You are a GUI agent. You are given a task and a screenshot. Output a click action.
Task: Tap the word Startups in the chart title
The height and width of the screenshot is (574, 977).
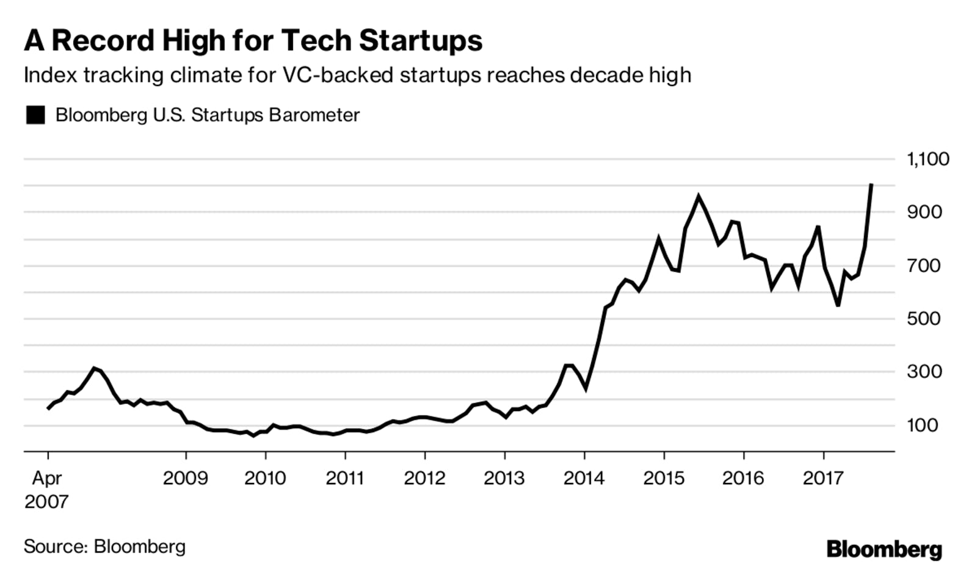(x=420, y=41)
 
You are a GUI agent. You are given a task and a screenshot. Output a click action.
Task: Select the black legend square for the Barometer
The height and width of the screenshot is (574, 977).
(x=35, y=115)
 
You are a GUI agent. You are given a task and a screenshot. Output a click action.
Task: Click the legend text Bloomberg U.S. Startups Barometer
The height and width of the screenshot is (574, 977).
(x=208, y=115)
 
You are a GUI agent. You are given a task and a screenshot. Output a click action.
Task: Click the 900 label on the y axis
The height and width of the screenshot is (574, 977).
(x=924, y=213)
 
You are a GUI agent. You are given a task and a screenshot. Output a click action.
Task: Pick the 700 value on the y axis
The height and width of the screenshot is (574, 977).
(x=924, y=266)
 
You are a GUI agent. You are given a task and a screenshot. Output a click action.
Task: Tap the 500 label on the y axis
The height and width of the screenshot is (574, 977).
(x=924, y=319)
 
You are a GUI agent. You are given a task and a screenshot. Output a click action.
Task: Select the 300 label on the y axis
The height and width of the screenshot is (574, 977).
(x=924, y=372)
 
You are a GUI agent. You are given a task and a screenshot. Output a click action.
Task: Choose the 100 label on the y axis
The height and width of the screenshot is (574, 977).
(x=924, y=425)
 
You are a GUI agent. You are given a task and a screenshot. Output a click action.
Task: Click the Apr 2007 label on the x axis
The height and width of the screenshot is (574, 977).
(x=46, y=489)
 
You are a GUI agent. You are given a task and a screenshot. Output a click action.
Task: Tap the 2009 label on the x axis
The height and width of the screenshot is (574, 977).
(x=186, y=478)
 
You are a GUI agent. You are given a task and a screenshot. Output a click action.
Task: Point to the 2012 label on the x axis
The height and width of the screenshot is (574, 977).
(x=424, y=478)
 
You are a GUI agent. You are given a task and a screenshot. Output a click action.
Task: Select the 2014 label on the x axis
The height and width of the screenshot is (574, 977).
(x=584, y=478)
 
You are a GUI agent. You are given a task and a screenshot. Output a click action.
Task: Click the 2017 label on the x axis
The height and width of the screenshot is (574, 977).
(x=823, y=478)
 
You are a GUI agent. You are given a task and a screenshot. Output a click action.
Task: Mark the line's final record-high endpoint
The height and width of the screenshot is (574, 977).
(x=871, y=184)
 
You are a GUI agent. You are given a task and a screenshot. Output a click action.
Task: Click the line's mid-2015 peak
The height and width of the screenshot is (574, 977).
(x=699, y=197)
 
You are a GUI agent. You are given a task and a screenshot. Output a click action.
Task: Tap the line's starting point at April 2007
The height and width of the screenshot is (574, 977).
(x=48, y=409)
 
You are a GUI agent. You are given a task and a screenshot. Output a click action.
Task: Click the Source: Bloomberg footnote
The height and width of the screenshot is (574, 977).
(x=104, y=546)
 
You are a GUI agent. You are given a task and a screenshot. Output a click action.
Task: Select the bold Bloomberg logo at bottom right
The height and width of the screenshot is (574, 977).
(x=884, y=550)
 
